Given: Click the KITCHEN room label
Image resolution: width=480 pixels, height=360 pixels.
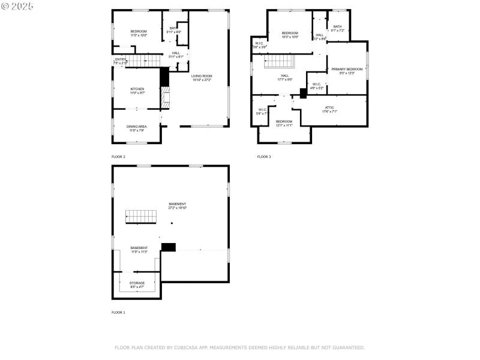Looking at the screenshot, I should pos(137,89).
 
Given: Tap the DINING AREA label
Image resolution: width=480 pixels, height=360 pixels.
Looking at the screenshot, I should pos(136,127).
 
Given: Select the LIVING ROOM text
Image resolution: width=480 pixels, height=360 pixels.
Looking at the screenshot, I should pos(202,76).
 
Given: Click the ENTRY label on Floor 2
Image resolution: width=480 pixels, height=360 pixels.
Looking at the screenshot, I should pos(121,59).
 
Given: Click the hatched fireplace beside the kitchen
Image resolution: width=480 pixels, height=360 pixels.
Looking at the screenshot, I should pos(165,97).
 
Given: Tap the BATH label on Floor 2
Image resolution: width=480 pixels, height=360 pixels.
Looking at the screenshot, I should pos(173,28).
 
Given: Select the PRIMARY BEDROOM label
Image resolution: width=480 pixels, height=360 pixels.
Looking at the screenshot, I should pos(347,69).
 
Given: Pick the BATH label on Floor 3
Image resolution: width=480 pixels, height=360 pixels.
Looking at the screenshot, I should pos(338,26).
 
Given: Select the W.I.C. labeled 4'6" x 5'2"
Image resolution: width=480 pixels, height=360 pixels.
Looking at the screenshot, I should pos(317,84).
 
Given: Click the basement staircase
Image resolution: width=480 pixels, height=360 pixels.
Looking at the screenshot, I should pos(140,217).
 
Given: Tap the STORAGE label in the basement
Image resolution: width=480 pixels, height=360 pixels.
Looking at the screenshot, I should pos(137,283).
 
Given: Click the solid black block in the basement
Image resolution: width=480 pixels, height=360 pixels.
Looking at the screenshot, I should pos(169,246).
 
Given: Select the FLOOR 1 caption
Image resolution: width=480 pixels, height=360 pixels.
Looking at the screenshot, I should pos(119,313).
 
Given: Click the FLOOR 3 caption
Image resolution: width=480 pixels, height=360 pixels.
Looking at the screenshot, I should pos(264,157).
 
